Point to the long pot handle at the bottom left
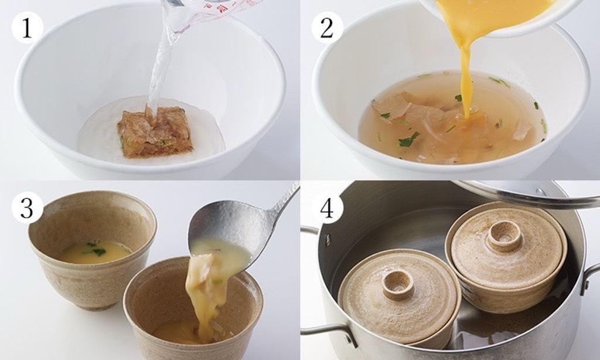click(x=329, y=333)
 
